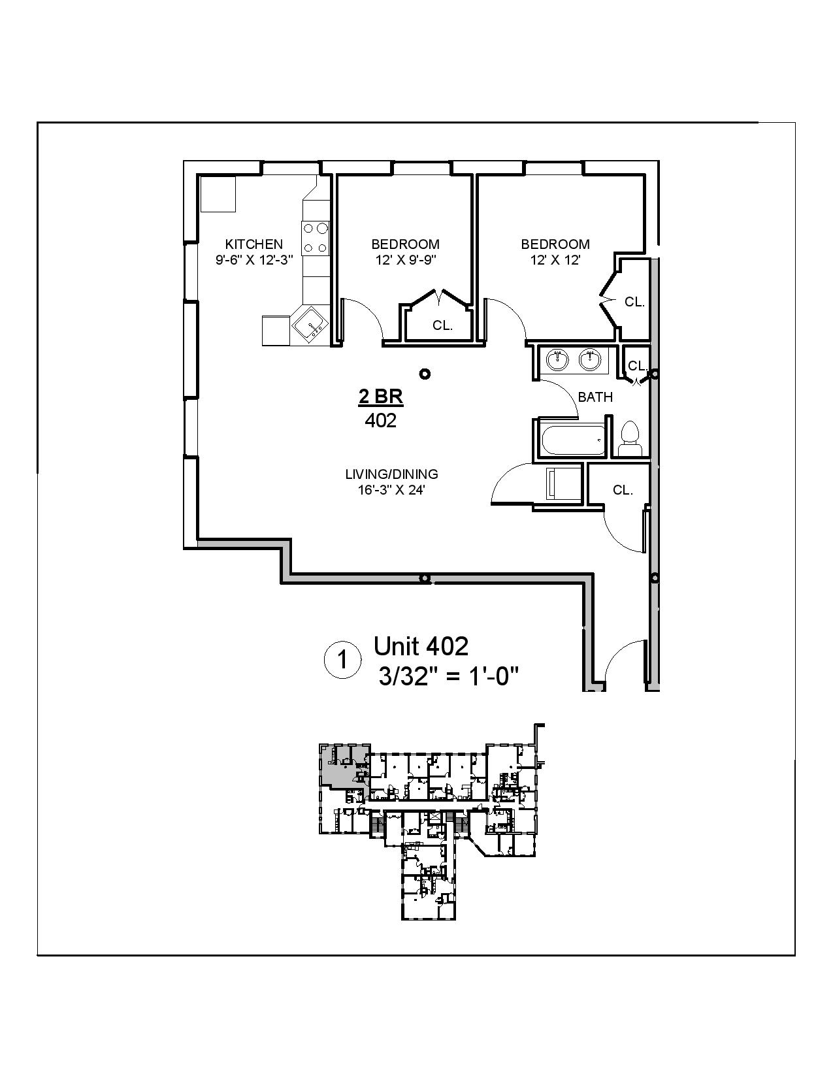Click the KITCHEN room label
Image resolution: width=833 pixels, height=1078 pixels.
coord(253,244)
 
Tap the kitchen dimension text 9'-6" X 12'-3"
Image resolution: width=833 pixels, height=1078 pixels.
coord(253,259)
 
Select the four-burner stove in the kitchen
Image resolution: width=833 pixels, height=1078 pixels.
coord(315,238)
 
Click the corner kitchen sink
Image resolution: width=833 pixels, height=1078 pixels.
coord(309,324)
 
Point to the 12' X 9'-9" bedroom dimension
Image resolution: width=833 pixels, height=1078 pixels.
coord(405,259)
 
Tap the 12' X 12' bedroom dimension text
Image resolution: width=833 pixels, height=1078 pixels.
coord(555,259)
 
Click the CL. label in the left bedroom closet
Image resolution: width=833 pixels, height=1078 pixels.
coord(442,325)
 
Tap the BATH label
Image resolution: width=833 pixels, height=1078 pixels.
coord(595,397)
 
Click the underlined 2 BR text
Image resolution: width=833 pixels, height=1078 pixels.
coord(381,397)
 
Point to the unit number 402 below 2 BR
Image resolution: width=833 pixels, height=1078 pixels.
coord(381,421)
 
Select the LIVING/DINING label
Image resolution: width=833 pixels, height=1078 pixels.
coord(391,474)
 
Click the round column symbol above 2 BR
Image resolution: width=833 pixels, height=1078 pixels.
coord(425,374)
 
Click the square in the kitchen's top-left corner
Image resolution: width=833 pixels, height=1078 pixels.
coord(218,194)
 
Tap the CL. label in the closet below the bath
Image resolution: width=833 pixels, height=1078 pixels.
coord(623,490)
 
